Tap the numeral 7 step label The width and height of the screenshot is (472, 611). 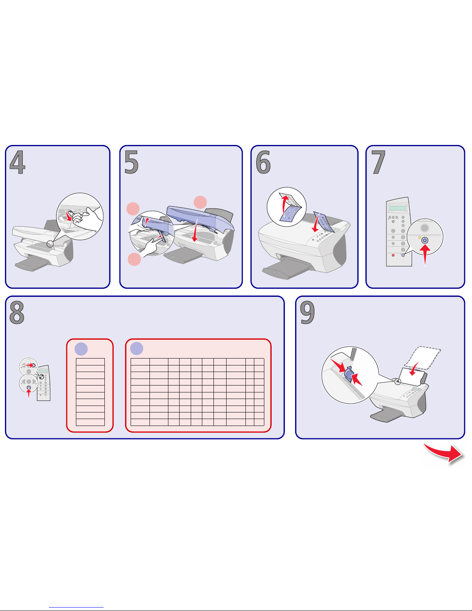click(378, 162)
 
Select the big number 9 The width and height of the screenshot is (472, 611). click(307, 312)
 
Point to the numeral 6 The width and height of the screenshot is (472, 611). click(263, 162)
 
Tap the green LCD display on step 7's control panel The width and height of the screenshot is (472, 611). click(398, 208)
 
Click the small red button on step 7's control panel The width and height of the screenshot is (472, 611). click(393, 255)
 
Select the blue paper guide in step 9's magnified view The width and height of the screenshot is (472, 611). click(348, 374)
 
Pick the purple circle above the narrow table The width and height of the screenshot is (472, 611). click(81, 349)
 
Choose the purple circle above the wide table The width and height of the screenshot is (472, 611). click(137, 348)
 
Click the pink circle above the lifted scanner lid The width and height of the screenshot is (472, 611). click(200, 202)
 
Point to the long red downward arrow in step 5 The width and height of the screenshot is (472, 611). click(195, 230)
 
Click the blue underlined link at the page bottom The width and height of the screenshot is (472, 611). click(76, 607)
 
